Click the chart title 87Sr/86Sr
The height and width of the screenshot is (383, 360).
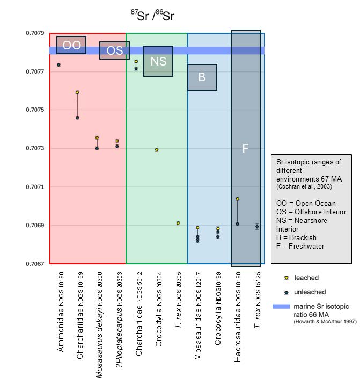(153, 15)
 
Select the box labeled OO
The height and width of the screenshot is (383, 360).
(71, 46)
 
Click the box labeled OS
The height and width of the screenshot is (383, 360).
(114, 50)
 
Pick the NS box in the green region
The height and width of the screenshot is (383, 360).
(158, 61)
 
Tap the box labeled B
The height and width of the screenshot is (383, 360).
(202, 77)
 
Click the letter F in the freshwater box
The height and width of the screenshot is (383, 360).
(245, 148)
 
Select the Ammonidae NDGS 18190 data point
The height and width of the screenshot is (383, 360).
(58, 65)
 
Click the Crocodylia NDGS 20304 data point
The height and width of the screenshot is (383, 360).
(157, 150)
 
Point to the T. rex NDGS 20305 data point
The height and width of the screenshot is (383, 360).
(178, 223)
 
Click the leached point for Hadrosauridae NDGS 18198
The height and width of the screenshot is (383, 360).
(238, 199)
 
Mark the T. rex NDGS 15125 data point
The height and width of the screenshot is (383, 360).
(258, 226)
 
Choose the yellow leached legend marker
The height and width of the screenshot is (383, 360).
(286, 278)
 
